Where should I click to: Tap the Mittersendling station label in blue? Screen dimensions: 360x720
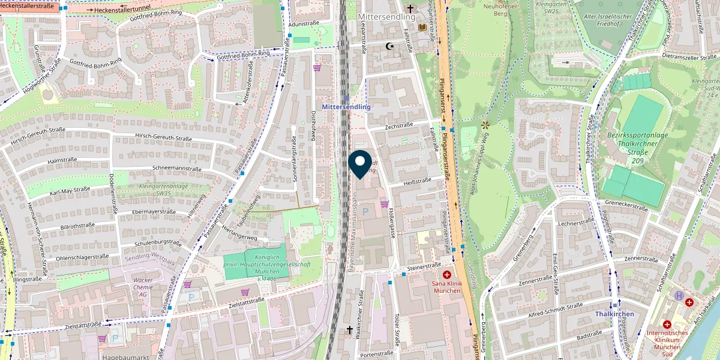[x=346, y=106]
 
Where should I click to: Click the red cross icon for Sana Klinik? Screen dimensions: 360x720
[x=446, y=274]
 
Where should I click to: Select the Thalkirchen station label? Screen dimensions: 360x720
[x=614, y=314]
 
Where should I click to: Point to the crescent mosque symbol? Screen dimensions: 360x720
[x=390, y=46]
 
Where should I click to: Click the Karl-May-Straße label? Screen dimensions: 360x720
[x=70, y=191]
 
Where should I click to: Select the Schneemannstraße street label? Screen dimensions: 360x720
[x=177, y=169]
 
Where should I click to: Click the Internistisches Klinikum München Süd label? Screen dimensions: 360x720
[x=667, y=340]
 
